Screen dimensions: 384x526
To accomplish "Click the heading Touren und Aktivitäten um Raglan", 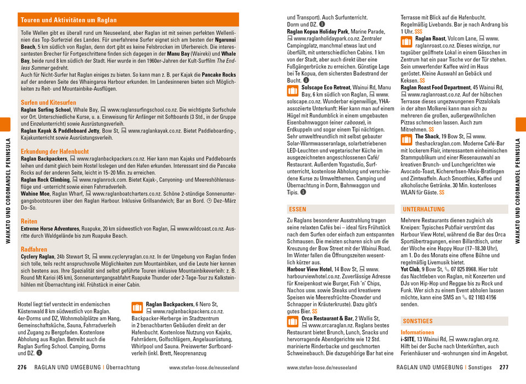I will [69, 20].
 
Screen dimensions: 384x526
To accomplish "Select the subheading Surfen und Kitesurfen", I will [48, 103].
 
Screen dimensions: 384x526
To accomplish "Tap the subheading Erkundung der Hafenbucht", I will [54, 151].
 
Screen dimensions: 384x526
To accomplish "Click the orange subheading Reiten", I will [29, 221].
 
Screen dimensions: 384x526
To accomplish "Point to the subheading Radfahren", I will [34, 249].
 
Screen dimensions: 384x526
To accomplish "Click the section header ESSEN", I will [297, 210].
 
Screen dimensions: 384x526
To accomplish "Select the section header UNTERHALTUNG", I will [423, 210].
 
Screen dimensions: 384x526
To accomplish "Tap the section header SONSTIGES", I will [417, 321].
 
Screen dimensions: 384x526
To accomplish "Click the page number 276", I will [22, 368].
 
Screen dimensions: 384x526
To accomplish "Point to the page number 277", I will [504, 368].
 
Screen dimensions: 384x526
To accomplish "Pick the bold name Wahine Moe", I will [36, 193].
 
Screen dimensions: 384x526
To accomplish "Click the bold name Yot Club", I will [410, 269].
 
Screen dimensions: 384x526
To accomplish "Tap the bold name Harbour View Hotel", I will [309, 269].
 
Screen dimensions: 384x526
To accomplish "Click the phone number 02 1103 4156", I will [483, 297].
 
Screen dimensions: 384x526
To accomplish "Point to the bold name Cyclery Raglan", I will [37, 256].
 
